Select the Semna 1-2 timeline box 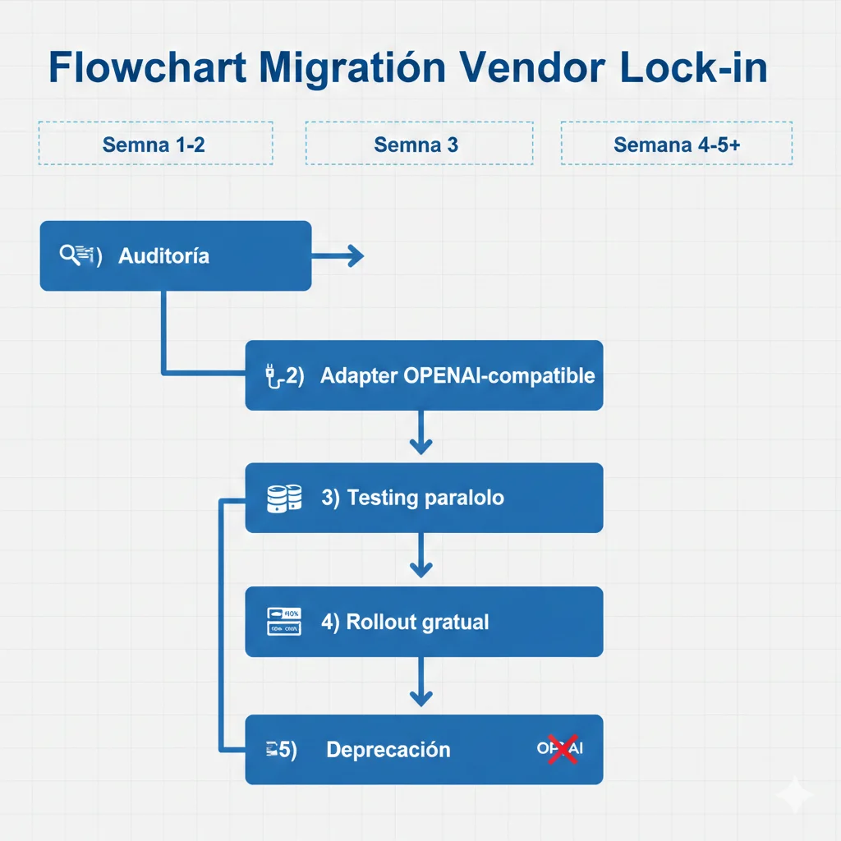(x=154, y=145)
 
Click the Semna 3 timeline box (x=419, y=145)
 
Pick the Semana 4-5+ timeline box (x=677, y=145)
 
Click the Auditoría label (x=164, y=256)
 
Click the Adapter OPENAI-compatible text (x=457, y=376)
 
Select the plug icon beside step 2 (x=271, y=377)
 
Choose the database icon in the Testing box (x=284, y=498)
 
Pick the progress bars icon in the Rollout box (x=284, y=621)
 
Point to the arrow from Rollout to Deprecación (x=420, y=683)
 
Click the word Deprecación (x=388, y=750)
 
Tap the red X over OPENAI (x=562, y=748)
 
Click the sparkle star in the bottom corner (x=794, y=794)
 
